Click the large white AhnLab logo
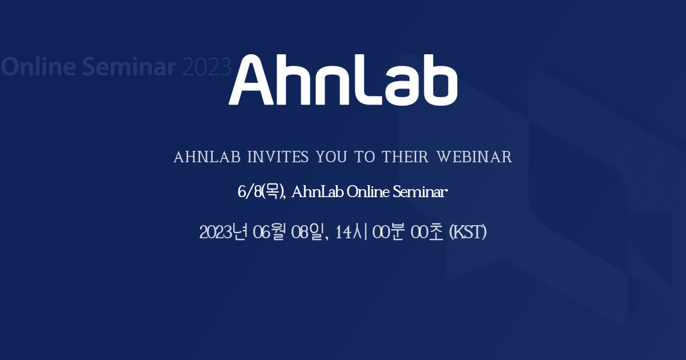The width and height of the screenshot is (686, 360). [343, 80]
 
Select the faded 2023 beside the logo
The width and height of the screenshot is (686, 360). [206, 67]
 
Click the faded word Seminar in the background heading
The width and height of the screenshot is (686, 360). [129, 67]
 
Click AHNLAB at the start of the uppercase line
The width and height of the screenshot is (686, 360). [207, 157]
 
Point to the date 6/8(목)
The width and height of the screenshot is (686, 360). [261, 193]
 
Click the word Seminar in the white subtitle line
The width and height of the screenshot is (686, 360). [420, 193]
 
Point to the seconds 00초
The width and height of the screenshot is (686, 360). [428, 233]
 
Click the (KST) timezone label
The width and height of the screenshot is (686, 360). [468, 233]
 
